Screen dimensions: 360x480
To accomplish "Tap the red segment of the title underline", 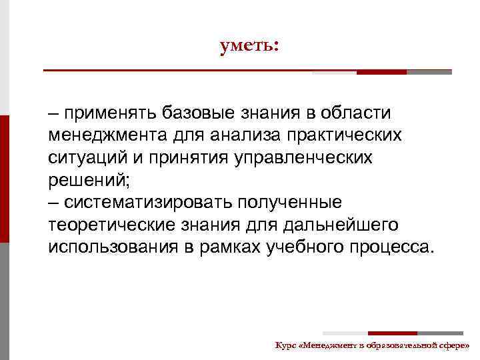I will coord(381,72).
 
